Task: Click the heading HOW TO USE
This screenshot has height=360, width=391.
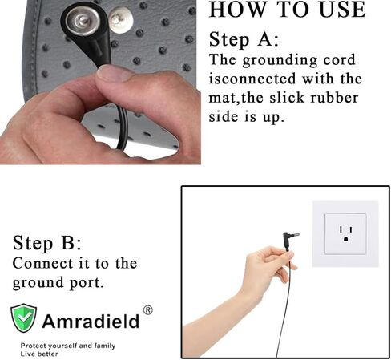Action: click(286, 11)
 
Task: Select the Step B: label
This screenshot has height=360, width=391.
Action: click(47, 243)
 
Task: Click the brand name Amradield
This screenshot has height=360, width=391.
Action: click(90, 322)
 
